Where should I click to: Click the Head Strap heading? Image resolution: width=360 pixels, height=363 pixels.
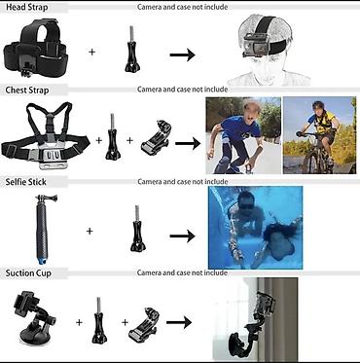pos(28,7)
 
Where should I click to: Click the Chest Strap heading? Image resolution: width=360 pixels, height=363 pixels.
pos(29,90)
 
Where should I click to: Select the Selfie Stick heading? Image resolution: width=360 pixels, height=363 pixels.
pos(29,182)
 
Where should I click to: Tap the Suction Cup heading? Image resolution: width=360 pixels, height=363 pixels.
pos(30,272)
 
